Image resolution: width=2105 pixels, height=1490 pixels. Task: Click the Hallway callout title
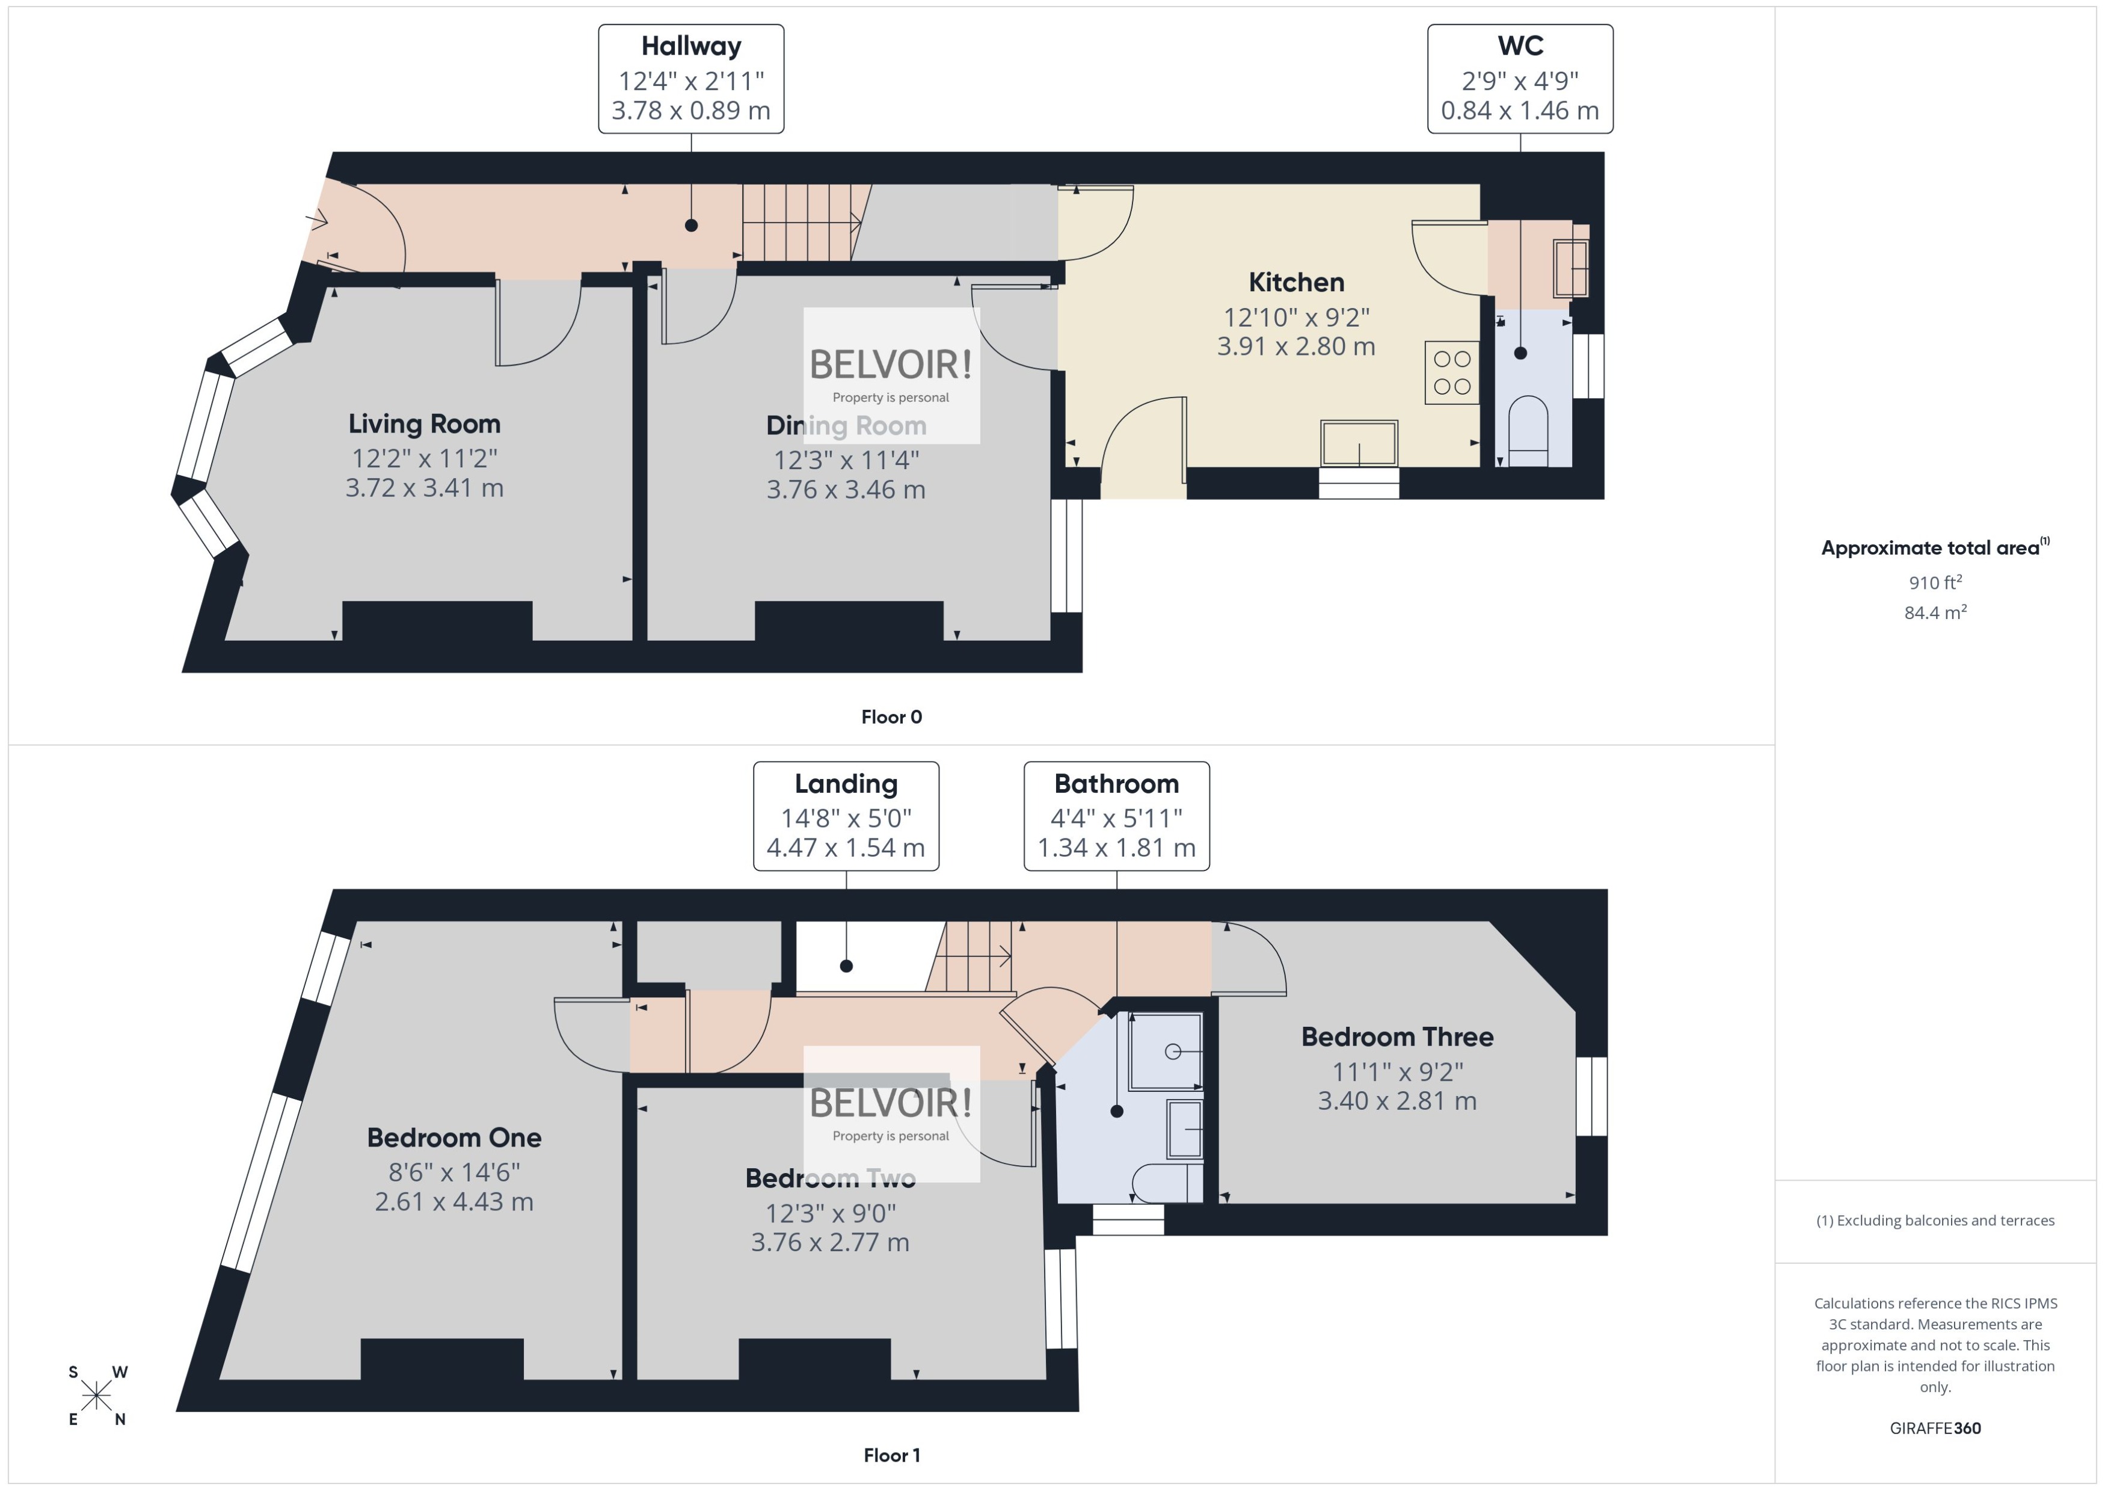click(x=690, y=46)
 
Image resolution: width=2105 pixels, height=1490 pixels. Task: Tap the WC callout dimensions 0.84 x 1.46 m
click(x=1520, y=110)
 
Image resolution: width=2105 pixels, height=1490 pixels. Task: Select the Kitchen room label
click(x=1296, y=282)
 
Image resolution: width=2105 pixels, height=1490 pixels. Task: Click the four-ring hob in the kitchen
click(x=1452, y=372)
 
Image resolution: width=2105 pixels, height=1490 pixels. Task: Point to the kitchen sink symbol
click(x=1359, y=444)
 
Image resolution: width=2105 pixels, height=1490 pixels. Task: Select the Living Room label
click(x=424, y=424)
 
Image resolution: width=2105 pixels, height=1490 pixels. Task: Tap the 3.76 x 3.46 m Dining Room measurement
click(x=845, y=489)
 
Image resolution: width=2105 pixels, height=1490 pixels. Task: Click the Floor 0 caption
click(x=891, y=716)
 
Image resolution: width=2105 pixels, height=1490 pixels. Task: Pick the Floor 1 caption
click(x=891, y=1455)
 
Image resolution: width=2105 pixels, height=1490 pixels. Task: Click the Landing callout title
click(x=846, y=784)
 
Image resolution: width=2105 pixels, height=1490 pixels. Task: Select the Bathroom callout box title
click(x=1116, y=784)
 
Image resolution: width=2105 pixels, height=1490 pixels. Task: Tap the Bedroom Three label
click(x=1397, y=1037)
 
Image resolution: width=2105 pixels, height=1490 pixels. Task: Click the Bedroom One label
click(x=454, y=1138)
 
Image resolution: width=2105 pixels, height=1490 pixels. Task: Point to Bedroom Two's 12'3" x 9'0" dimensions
click(x=830, y=1213)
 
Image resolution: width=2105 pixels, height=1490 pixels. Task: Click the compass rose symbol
click(x=96, y=1396)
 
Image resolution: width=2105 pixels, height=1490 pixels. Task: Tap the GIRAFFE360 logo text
click(x=1934, y=1427)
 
